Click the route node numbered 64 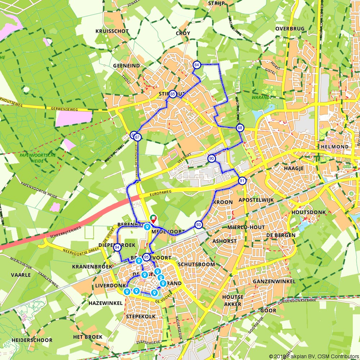tap(197, 65)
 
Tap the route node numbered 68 tap(240, 128)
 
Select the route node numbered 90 tap(211, 158)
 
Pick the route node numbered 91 tap(243, 181)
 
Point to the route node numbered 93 tap(198, 225)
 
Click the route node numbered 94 tap(117, 247)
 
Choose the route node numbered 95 tap(146, 257)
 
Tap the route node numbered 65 tap(173, 94)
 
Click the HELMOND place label tap(336, 147)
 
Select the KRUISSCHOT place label tap(112, 31)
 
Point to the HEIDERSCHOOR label tap(32, 340)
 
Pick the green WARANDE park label tap(272, 97)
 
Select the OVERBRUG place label tap(290, 28)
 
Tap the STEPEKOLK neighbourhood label tap(141, 316)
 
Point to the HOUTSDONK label tap(309, 212)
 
